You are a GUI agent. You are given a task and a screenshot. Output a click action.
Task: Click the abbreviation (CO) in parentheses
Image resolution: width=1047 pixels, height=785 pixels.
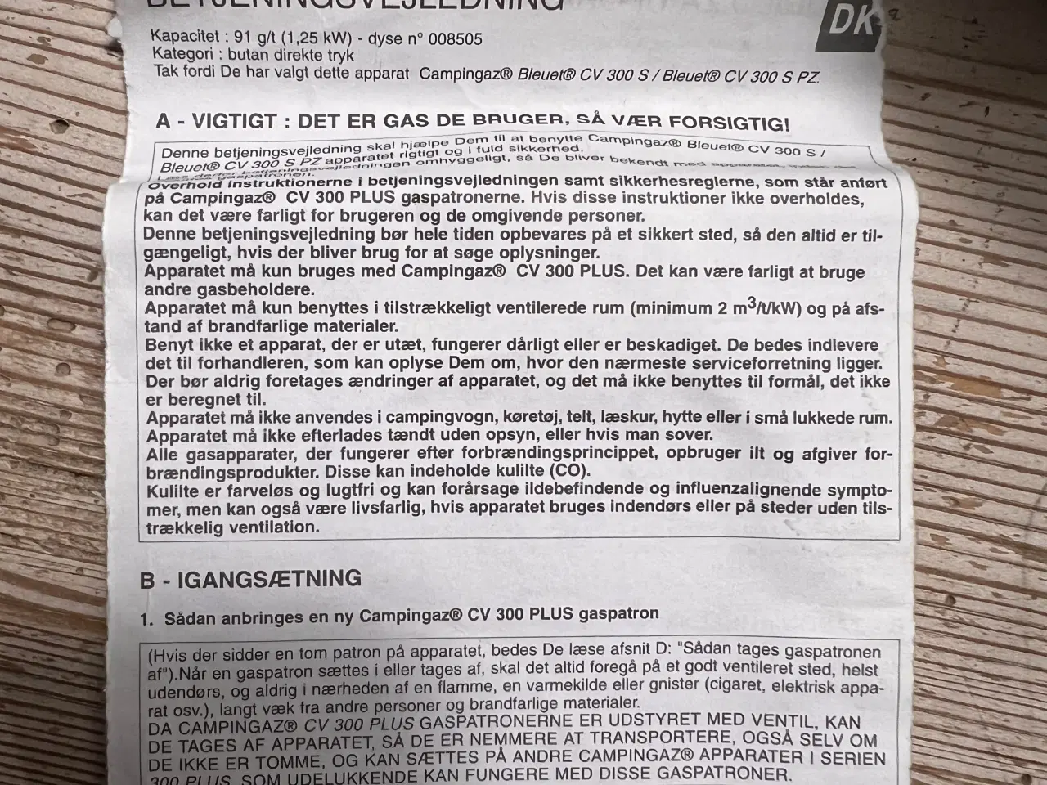point(569,472)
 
